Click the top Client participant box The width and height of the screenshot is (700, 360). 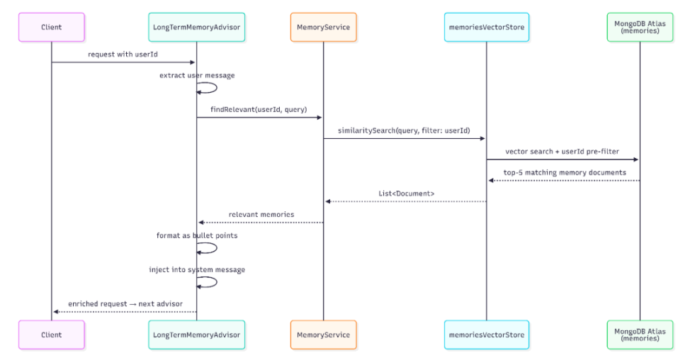[x=51, y=27]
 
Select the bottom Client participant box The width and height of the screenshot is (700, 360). [x=51, y=334]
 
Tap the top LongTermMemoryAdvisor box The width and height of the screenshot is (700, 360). [x=196, y=27]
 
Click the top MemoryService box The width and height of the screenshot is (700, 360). [x=323, y=27]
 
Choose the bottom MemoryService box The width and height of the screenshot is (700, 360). [x=323, y=334]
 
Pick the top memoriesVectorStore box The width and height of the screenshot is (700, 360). [x=487, y=27]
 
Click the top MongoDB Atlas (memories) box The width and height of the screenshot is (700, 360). [x=640, y=27]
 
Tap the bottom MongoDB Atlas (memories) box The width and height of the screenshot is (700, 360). [x=640, y=334]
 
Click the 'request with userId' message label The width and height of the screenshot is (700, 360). [x=123, y=55]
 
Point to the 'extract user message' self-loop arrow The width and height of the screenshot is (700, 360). [x=217, y=88]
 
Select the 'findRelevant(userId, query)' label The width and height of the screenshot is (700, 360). [x=259, y=109]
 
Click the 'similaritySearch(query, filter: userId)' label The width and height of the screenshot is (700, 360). [x=404, y=130]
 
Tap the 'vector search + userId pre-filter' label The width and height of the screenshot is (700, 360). [x=562, y=152]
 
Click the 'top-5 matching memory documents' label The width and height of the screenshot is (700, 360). [x=565, y=172]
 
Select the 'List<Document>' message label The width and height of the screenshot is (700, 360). [x=406, y=193]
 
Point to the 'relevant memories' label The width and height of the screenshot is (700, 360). [x=261, y=215]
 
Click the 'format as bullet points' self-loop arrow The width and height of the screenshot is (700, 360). [x=217, y=248]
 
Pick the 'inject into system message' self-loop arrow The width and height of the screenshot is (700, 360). [x=217, y=282]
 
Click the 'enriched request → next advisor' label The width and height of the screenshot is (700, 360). [x=125, y=304]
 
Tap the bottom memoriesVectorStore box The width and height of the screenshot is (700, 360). [x=487, y=334]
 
